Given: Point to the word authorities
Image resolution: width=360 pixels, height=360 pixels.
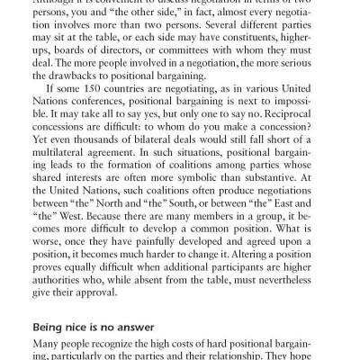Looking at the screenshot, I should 83,293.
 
